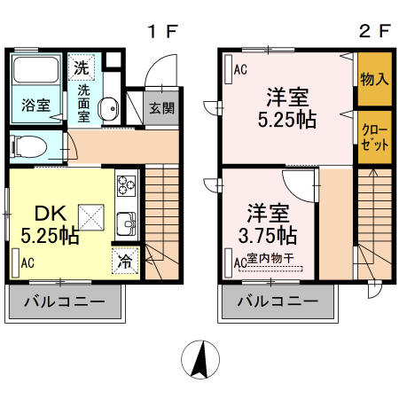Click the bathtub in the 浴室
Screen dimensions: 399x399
[x=35, y=69]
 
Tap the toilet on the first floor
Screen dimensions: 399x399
[x=28, y=146]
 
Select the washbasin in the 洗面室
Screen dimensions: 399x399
[x=108, y=109]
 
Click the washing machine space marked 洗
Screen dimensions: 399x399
[x=82, y=67]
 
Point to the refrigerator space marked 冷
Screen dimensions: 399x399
[x=125, y=261]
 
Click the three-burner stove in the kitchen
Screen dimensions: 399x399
[x=127, y=186]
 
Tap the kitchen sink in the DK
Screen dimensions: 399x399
[x=127, y=223]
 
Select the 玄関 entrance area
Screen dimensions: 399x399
[x=161, y=108]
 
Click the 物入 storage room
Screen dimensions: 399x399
[x=375, y=79]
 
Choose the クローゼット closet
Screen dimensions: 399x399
[x=375, y=137]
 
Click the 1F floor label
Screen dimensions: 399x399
[x=163, y=31]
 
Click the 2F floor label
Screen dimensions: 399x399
[x=375, y=31]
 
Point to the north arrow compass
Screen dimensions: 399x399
[x=200, y=360]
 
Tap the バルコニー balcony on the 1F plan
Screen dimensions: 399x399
[x=65, y=301]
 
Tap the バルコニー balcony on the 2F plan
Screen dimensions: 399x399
[x=278, y=301]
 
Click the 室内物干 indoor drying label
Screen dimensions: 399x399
[x=270, y=258]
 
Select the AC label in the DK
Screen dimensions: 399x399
[x=27, y=262]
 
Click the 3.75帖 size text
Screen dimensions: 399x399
[x=268, y=236]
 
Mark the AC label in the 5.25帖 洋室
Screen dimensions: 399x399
[x=240, y=70]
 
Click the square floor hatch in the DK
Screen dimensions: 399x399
[x=91, y=217]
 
